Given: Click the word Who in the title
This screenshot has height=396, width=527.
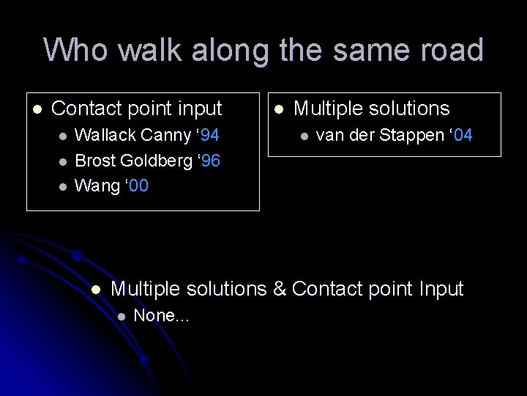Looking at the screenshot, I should coord(76,50).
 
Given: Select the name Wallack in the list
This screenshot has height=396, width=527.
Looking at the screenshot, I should coord(105,135).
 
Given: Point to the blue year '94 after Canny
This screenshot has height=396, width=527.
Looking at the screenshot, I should coord(209,135).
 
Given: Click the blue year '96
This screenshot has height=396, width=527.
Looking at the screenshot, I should coord(209,161).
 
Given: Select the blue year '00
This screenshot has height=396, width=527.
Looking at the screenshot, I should coord(138,186).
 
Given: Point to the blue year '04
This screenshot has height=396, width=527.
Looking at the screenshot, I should coord(462,135).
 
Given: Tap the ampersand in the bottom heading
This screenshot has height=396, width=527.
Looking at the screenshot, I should coord(279,289).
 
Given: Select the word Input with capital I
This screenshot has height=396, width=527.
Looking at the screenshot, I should coord(441,289).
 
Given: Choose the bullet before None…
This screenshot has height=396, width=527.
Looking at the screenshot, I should coord(122,316).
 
